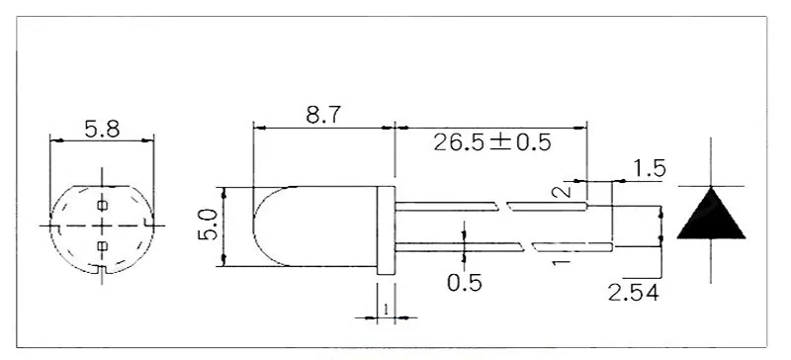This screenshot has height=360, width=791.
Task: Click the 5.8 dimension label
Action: [x=102, y=130]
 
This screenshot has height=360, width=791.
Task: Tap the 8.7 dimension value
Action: [x=323, y=115]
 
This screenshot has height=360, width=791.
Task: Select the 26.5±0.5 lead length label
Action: [x=492, y=142]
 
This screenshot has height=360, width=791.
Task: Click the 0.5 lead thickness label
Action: [x=464, y=283]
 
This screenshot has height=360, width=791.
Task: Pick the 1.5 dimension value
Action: [x=650, y=169]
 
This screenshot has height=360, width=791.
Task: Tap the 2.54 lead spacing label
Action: [x=633, y=293]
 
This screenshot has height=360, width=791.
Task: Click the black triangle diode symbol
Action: [x=711, y=213]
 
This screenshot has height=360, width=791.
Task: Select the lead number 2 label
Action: [x=562, y=191]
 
